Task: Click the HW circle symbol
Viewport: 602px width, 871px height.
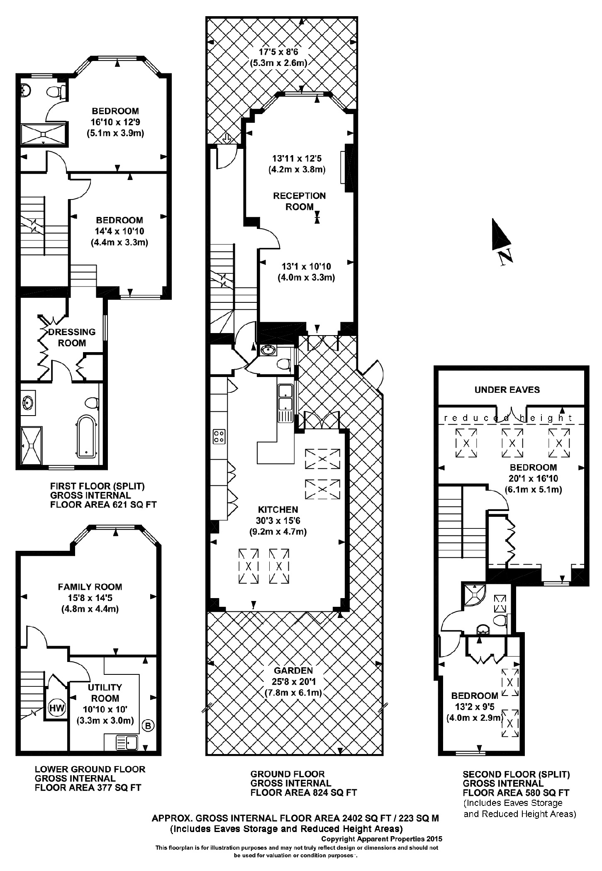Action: (57, 708)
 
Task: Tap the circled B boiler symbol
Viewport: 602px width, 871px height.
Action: (148, 725)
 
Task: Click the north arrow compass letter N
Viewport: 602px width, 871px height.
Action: (506, 258)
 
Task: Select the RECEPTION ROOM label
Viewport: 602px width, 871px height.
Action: (299, 201)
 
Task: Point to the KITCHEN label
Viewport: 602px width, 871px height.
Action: (278, 509)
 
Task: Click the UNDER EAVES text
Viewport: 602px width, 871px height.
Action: (507, 389)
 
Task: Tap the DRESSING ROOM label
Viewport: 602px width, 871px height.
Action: (72, 337)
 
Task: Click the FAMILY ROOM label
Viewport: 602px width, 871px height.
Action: (90, 587)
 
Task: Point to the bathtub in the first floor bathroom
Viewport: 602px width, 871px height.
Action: (87, 437)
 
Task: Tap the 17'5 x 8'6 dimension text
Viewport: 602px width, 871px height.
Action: (278, 52)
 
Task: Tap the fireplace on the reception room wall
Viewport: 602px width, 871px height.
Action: (348, 168)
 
